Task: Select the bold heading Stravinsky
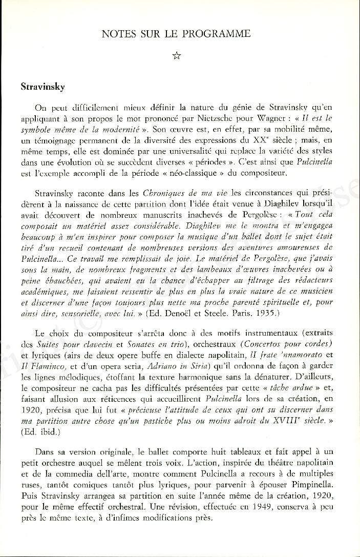point(43,87)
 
